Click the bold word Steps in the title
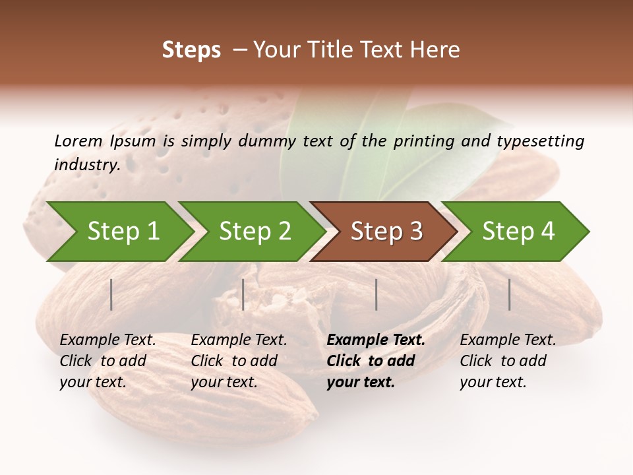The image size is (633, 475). (x=191, y=50)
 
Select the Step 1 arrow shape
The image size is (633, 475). (x=119, y=232)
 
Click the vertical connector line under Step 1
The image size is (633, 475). (x=111, y=294)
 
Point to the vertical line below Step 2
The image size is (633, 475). (x=243, y=294)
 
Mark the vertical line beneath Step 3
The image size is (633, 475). (x=376, y=294)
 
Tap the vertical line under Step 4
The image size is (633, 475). (x=509, y=294)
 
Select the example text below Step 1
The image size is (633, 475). (x=107, y=361)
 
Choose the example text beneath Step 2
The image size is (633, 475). (x=239, y=361)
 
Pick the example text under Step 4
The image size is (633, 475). (x=508, y=361)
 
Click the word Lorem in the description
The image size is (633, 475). (x=78, y=141)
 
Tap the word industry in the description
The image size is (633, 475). (x=87, y=165)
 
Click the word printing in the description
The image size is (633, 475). (x=428, y=141)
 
